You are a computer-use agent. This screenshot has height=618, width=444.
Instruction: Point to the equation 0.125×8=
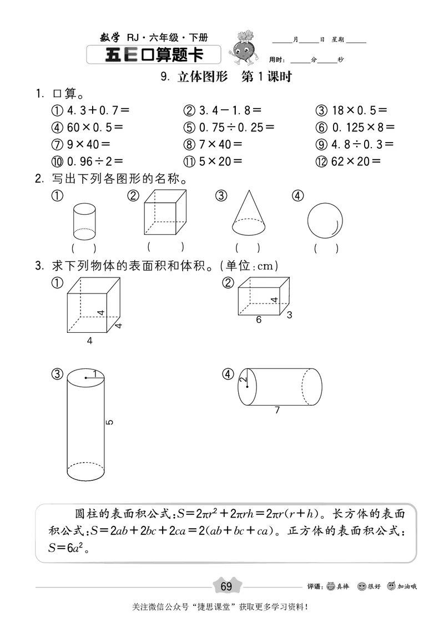coord(364,128)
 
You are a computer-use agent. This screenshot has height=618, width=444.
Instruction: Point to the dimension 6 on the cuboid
coord(259,320)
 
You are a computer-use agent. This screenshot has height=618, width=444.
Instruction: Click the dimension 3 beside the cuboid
coord(289,316)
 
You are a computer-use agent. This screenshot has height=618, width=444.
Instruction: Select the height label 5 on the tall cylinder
coord(109,423)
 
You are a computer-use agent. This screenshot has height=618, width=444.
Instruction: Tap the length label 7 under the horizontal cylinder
coord(276,411)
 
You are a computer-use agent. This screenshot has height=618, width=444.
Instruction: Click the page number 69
coord(226,587)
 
